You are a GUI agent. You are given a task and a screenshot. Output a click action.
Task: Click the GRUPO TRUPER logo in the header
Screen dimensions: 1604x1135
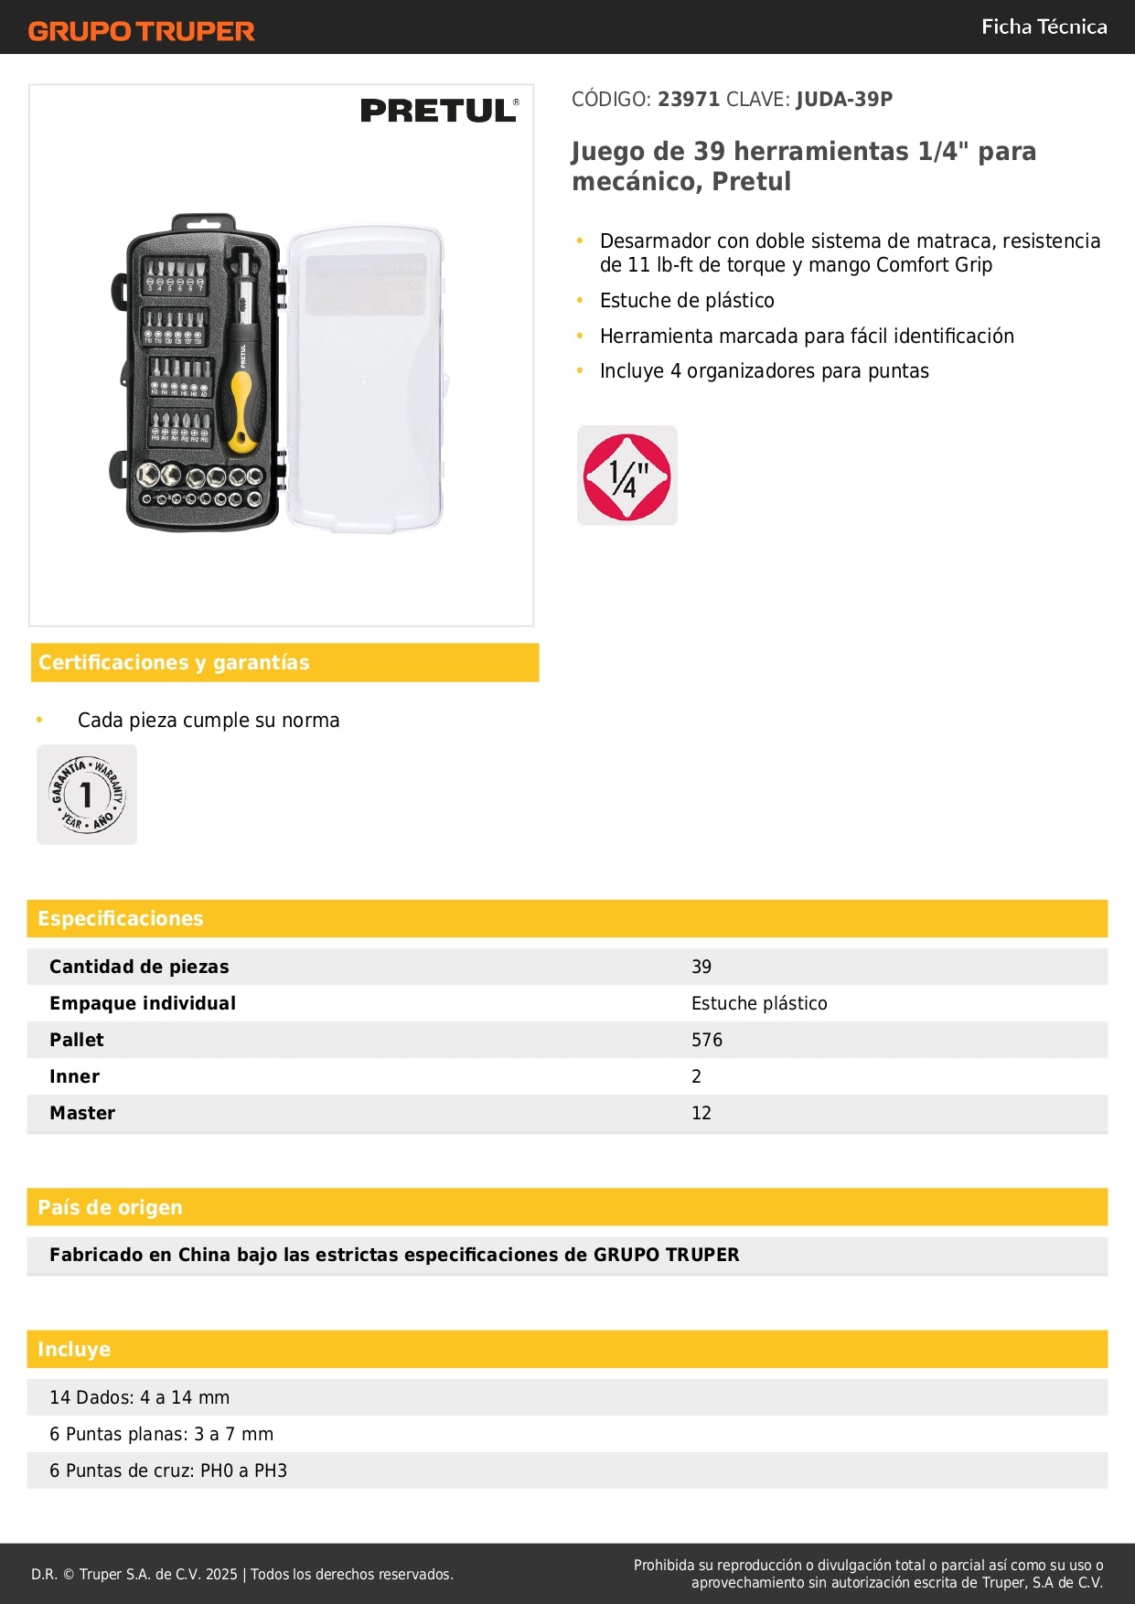point(141,31)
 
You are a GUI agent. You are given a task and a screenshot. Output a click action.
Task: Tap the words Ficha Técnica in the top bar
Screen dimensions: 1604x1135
point(1044,27)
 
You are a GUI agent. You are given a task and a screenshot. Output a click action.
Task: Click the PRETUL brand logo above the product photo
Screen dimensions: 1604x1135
point(439,111)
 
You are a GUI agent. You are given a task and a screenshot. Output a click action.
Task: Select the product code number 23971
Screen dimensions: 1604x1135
point(689,99)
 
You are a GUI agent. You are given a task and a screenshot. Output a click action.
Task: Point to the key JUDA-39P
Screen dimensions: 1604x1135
point(844,99)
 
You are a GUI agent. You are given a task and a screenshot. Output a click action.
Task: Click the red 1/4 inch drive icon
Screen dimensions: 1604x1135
point(627,476)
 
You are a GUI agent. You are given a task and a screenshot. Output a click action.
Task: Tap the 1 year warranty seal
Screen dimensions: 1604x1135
point(87,795)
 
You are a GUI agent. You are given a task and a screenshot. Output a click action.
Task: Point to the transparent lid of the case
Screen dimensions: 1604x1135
point(366,380)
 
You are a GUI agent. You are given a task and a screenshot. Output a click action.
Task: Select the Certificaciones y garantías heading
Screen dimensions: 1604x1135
point(174,662)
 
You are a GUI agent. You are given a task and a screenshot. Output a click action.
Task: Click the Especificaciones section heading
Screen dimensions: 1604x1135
point(121,918)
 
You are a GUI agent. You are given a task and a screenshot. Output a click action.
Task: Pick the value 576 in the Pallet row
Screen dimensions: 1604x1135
point(707,1040)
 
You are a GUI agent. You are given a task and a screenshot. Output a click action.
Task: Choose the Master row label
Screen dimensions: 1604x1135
point(82,1113)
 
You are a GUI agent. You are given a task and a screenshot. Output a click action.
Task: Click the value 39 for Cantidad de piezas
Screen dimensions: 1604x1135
point(701,967)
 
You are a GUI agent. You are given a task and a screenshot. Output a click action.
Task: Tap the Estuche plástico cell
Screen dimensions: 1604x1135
point(759,1003)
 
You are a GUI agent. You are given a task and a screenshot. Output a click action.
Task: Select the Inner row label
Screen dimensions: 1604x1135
point(74,1076)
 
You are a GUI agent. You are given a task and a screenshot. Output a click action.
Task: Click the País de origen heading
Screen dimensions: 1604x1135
point(110,1207)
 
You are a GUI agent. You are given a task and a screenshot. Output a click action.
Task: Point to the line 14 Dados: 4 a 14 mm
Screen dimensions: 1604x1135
point(140,1397)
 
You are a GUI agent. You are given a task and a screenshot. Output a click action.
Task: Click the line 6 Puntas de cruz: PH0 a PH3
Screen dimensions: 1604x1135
point(168,1470)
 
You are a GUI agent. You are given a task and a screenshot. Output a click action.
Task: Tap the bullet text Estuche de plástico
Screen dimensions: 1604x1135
point(687,300)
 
